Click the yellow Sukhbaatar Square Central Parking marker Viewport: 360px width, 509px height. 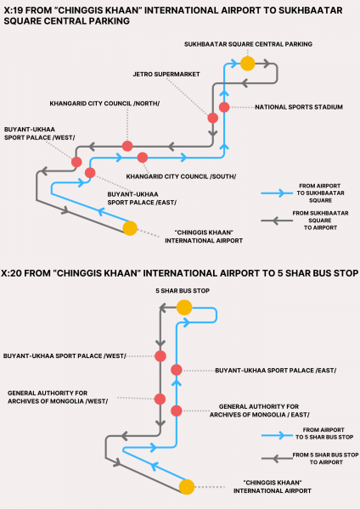[248, 64]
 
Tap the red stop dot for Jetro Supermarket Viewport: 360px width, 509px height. [213, 118]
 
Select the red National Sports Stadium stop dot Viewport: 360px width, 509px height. [224, 107]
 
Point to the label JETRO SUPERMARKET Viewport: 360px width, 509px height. [166, 75]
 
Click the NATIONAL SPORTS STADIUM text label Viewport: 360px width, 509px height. [299, 107]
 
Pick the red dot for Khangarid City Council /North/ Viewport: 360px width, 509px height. [127, 146]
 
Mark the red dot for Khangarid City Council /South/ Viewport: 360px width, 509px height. [143, 158]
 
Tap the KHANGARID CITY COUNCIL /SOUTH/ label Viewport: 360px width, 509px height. [181, 176]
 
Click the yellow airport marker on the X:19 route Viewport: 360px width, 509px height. [130, 228]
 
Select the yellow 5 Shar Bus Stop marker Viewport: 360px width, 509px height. [184, 307]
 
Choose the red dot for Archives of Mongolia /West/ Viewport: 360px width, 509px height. [160, 400]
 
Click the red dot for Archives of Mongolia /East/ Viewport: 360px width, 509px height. [177, 411]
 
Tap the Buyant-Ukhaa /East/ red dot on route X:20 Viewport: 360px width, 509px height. [177, 370]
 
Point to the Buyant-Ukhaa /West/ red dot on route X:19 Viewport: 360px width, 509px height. [76, 162]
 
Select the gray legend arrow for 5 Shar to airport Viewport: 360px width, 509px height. [277, 459]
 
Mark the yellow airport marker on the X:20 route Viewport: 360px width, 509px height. [187, 487]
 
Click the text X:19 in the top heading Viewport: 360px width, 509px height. [14, 10]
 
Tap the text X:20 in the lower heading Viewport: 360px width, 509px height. [11, 273]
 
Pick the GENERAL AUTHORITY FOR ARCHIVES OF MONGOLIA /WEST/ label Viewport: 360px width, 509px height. [58, 397]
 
